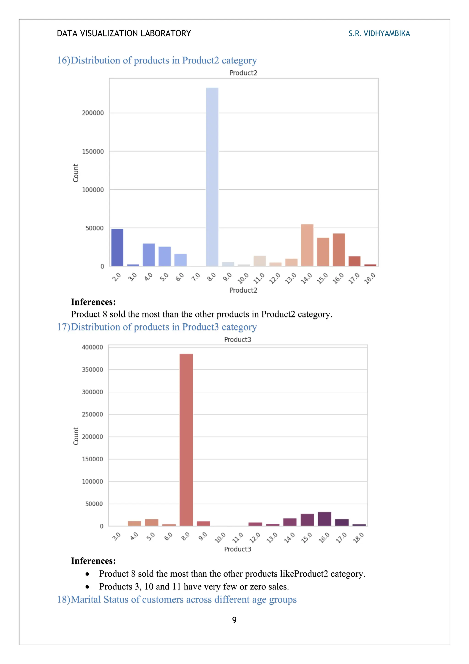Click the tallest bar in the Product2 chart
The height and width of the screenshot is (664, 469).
pos(212,176)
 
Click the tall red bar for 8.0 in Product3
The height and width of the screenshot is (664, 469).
pos(186,440)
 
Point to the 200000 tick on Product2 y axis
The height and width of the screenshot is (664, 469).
pos(93,113)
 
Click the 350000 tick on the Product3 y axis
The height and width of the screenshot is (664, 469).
pos(93,370)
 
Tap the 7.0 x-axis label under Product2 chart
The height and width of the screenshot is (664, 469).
pos(196,277)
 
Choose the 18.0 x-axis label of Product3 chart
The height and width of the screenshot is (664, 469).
pos(358,538)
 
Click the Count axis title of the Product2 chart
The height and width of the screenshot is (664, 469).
pos(76,173)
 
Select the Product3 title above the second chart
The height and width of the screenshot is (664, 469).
pos(237,340)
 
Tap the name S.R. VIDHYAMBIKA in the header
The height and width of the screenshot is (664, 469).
pos(379,33)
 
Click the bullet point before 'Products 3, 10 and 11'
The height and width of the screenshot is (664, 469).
pos(87,587)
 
